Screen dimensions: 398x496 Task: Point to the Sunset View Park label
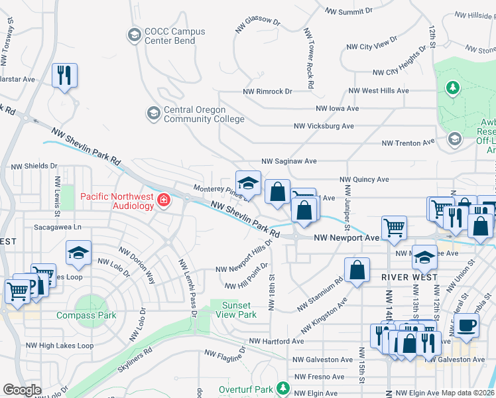(238, 310)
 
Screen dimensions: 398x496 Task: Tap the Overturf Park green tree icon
(283, 387)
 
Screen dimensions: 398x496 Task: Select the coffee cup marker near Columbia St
(467, 325)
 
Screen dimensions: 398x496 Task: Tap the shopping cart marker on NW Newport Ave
(394, 228)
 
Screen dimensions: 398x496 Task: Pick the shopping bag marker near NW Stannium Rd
(357, 269)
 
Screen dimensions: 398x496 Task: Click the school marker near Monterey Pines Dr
(248, 182)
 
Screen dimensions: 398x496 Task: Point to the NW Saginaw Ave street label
(289, 161)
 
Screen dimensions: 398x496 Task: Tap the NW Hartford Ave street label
(276, 342)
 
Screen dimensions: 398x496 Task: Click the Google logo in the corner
(23, 390)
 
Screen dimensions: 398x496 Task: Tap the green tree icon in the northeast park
(453, 87)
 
